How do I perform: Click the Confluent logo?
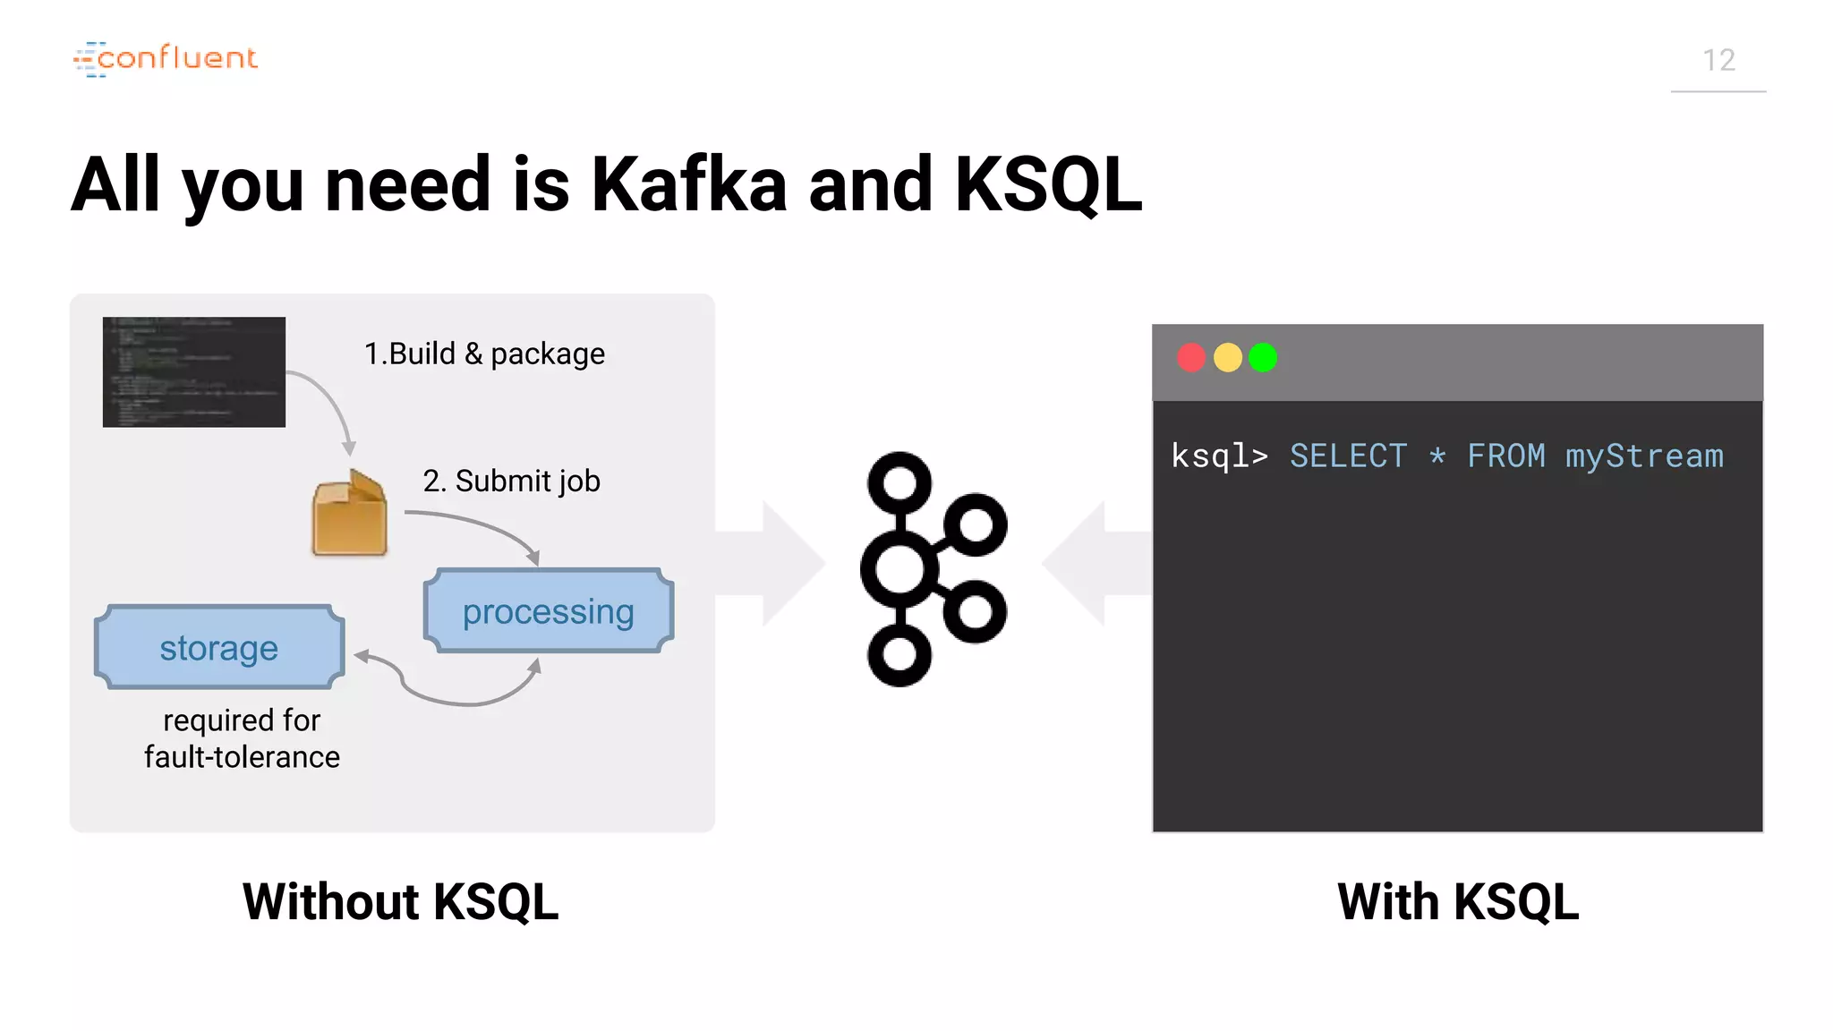tap(166, 59)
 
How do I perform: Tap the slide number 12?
tap(1718, 61)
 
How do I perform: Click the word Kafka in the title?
tap(688, 184)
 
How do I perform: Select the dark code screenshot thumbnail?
tap(194, 371)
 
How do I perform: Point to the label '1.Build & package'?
tap(484, 354)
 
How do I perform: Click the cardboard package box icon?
tap(349, 514)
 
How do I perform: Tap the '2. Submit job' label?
tap(511, 481)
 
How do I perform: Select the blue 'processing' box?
tap(548, 611)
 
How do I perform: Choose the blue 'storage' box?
tap(219, 647)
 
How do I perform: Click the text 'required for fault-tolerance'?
tap(242, 738)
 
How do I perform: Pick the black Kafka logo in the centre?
tap(933, 569)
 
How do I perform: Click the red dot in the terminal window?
tap(1191, 358)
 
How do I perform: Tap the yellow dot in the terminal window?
tap(1227, 358)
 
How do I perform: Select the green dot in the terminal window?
tap(1263, 358)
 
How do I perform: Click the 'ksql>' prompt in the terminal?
tap(1219, 456)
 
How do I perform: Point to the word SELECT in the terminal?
tap(1348, 456)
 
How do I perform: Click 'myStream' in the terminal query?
tap(1644, 456)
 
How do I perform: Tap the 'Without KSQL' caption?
tap(400, 901)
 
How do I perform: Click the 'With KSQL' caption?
tap(1458, 901)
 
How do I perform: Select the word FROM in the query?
tap(1505, 456)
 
